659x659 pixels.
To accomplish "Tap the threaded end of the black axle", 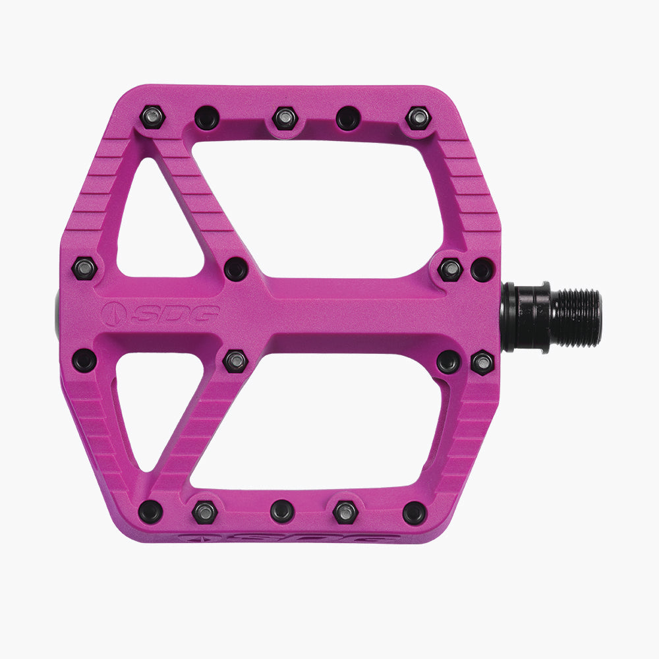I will click(x=576, y=318).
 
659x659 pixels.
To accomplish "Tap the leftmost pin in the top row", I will click(x=153, y=117).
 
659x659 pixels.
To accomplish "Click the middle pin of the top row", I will click(x=285, y=117).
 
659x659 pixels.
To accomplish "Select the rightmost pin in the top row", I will click(x=418, y=117).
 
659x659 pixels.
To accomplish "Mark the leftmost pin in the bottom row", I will click(x=150, y=509).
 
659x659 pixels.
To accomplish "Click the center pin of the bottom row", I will click(x=281, y=511).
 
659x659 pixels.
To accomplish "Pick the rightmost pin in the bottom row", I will click(x=414, y=512).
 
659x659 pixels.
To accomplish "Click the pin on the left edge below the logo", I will click(x=85, y=360).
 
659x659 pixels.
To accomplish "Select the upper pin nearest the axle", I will click(x=482, y=269).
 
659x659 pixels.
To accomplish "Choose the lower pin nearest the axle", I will click(x=482, y=362).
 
